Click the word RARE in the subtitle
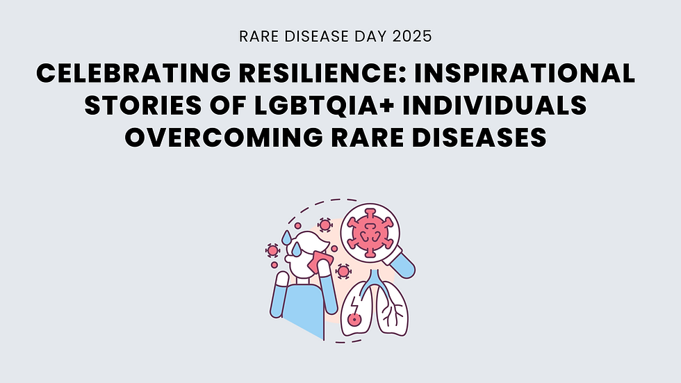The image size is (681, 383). click(255, 37)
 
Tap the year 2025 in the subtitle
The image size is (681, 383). click(412, 37)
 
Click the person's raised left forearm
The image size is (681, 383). click(280, 292)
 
